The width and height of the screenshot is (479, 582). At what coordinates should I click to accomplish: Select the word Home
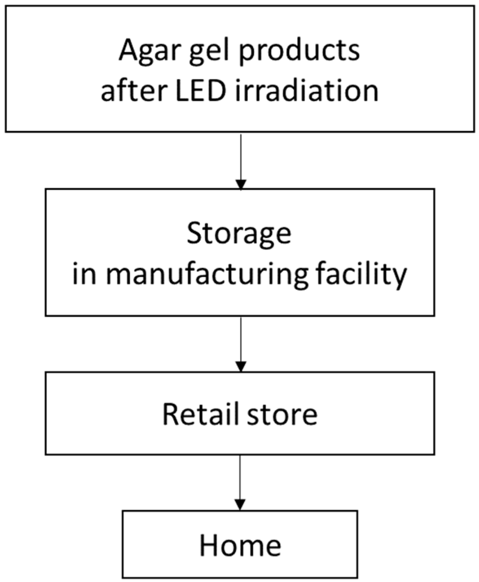click(x=240, y=545)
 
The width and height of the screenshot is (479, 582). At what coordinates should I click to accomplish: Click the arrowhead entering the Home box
click(x=240, y=505)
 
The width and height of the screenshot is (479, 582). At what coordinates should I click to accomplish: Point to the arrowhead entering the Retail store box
click(x=241, y=366)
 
